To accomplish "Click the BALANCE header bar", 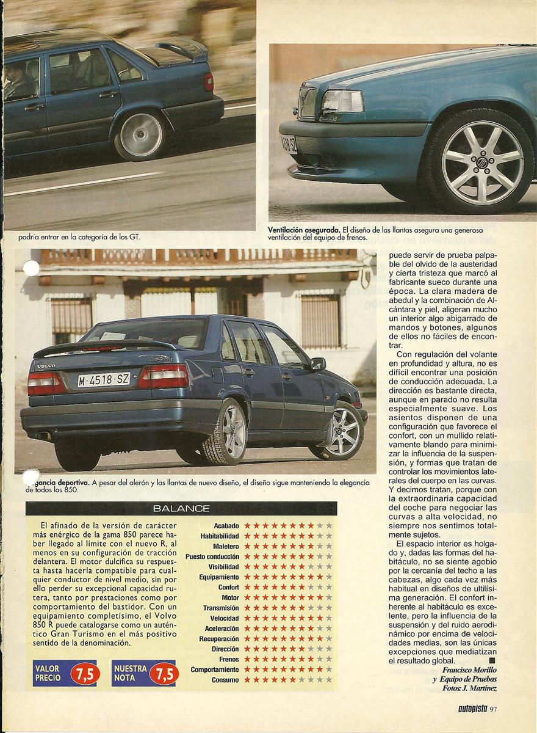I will point(181,508).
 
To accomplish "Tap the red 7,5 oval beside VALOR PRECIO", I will point(85,674).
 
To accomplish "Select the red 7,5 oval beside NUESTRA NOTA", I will point(164,674).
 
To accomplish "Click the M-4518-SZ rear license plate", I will point(104,379).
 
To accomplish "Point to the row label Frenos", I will point(229,660).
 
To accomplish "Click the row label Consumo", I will point(225,680).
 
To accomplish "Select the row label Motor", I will point(230,598).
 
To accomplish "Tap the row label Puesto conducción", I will point(212,557).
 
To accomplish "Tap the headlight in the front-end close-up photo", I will point(342,102).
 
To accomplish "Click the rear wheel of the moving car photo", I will point(140,135).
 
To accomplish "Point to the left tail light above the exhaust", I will point(45,384).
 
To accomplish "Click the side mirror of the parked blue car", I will point(318,364).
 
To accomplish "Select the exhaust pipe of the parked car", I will point(43,436).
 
